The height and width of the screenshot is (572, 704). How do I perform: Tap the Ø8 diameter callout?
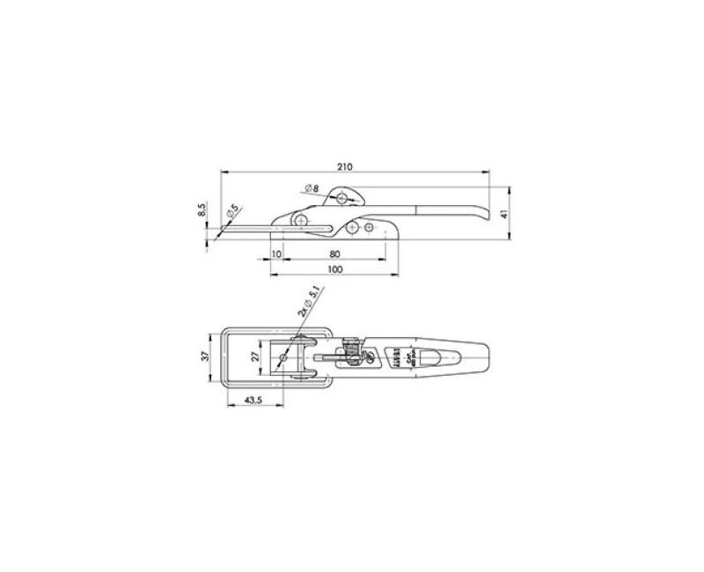click(x=312, y=187)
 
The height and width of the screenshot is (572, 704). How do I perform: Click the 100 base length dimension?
click(x=334, y=270)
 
